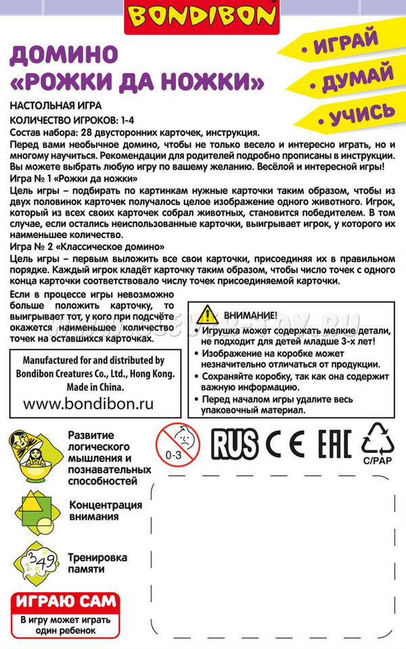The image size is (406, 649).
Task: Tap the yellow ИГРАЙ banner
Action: (x=345, y=43)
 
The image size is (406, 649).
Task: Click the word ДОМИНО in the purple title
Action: (x=64, y=55)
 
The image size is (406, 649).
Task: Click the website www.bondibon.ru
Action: (x=89, y=405)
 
